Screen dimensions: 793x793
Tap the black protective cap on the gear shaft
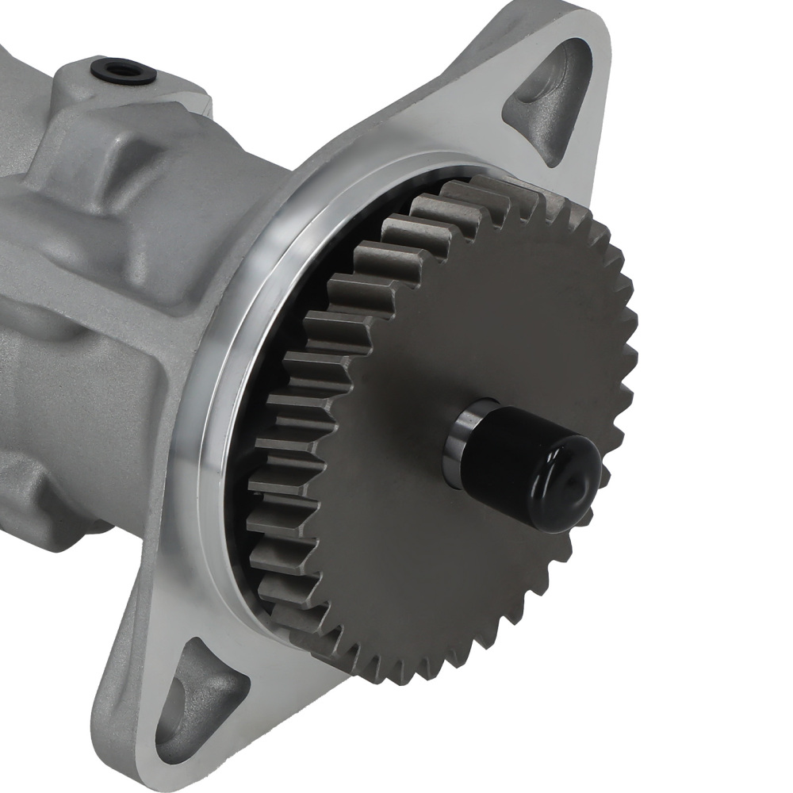[539, 468]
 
